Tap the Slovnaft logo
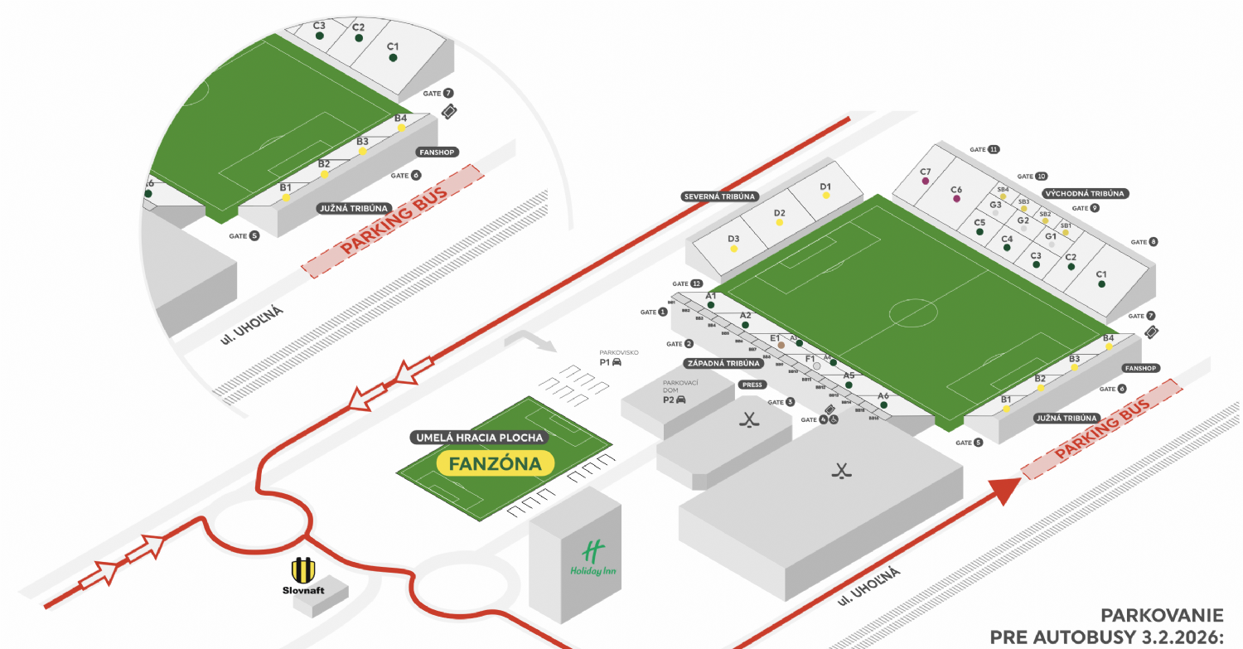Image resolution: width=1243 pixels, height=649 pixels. click(x=302, y=578)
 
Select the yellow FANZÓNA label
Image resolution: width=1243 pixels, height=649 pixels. click(x=495, y=463)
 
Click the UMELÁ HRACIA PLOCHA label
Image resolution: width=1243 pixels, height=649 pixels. click(x=476, y=438)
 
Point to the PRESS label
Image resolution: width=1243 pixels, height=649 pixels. click(x=752, y=385)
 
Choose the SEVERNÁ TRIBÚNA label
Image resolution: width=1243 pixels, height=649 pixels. click(x=718, y=196)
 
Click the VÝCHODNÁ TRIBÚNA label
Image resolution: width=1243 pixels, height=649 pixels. click(x=1085, y=193)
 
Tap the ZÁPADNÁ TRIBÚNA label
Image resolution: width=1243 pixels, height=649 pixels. click(x=723, y=363)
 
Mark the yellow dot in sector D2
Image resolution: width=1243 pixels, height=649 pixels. click(x=779, y=224)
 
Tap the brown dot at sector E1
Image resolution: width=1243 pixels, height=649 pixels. click(x=781, y=345)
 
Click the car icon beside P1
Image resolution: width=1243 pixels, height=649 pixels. click(x=617, y=362)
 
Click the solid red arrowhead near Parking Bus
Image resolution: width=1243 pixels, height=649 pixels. click(x=1005, y=490)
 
